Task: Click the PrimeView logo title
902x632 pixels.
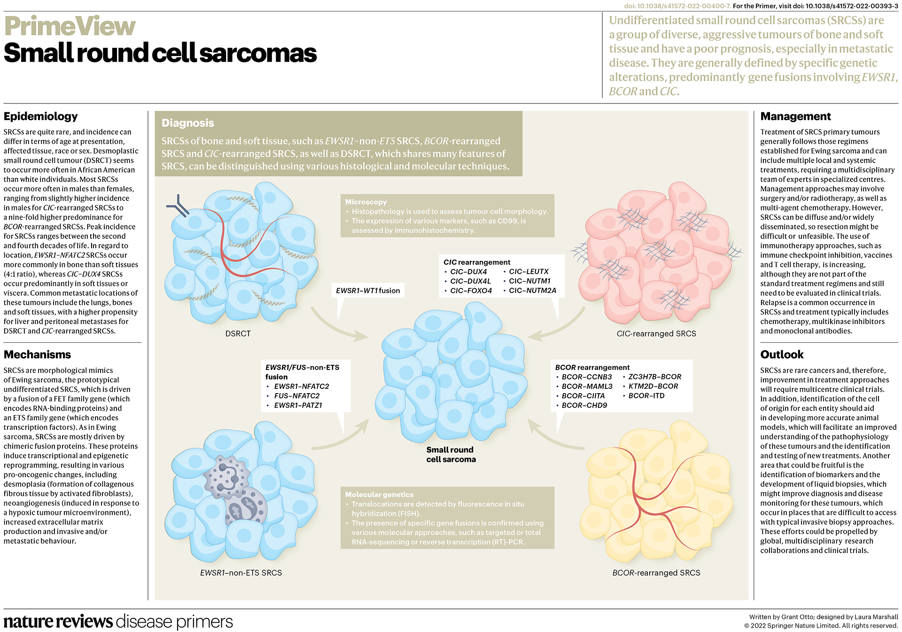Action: click(70, 26)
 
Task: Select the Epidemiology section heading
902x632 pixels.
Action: click(41, 117)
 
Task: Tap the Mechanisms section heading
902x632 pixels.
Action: click(38, 355)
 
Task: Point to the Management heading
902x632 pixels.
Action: click(795, 117)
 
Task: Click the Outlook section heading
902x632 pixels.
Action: click(782, 355)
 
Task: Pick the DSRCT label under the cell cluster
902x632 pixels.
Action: click(238, 334)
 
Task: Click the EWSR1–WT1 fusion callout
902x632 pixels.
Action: click(368, 291)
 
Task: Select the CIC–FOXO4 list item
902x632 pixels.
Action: click(471, 291)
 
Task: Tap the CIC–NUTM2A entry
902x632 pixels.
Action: click(532, 291)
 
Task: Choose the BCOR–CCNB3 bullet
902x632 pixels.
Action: click(587, 377)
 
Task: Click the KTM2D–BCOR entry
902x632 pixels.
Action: click(653, 386)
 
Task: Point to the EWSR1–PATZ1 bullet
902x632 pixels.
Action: click(298, 405)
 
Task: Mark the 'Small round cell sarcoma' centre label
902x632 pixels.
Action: click(451, 455)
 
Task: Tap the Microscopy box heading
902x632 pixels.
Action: click(366, 202)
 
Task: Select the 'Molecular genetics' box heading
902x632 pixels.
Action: click(379, 495)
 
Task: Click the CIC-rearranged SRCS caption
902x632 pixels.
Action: click(656, 334)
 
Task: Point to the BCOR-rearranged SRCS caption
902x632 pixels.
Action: click(656, 573)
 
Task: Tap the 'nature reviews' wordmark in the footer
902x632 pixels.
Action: click(58, 622)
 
